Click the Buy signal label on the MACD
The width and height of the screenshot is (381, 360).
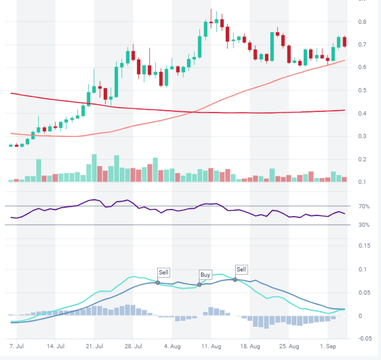pos(205,275)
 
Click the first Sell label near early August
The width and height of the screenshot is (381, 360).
pos(164,273)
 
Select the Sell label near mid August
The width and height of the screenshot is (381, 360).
pos(241,269)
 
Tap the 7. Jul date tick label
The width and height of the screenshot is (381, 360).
pos(17,345)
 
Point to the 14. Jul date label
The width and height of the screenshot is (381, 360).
pos(55,345)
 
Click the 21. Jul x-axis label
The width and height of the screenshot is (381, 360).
pos(95,345)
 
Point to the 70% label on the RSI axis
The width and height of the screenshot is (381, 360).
pos(364,206)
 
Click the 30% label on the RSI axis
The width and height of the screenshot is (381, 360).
pos(364,225)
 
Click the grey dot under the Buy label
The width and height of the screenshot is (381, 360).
pos(199,285)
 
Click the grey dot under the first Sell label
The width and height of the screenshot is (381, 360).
pos(158,283)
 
